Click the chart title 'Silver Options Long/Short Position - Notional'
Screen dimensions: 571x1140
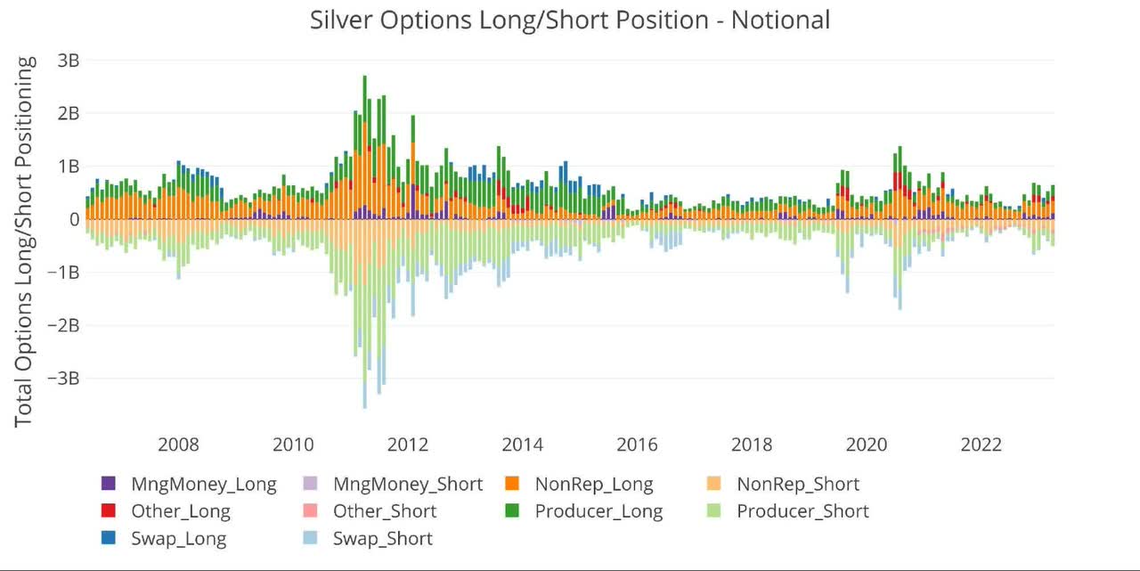coord(570,20)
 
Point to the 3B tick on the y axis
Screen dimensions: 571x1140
coord(69,61)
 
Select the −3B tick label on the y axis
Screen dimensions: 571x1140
coord(63,378)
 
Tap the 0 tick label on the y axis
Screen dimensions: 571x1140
coord(74,219)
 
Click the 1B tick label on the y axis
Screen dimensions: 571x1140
coord(69,167)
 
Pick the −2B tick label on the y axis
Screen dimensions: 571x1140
coord(63,325)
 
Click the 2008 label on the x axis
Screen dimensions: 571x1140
coord(178,445)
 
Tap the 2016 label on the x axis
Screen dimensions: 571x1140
coord(638,445)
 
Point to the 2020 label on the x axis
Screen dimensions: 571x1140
coord(867,445)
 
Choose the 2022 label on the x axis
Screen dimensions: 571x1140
coord(981,445)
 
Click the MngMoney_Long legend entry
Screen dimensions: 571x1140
coord(203,485)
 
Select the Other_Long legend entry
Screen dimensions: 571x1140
coord(180,511)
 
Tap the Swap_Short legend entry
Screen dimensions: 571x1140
coord(382,539)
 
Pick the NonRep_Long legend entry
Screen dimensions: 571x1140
coord(593,485)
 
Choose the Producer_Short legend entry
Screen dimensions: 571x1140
coord(802,511)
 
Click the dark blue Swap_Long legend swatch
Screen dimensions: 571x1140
coord(109,539)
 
